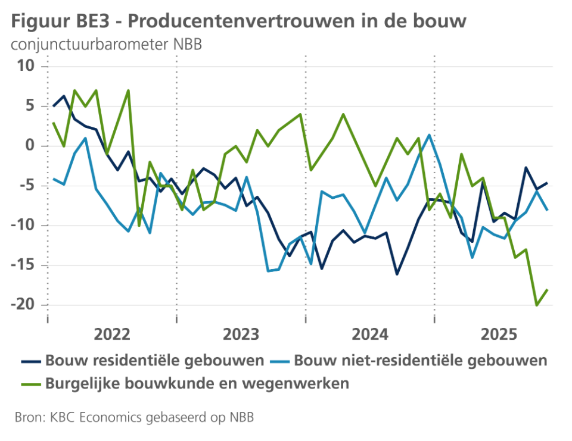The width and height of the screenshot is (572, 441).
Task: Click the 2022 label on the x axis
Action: coord(112,334)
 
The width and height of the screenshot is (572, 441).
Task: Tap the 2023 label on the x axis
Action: coord(241,334)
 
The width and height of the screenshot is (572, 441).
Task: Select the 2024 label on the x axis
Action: coord(369,334)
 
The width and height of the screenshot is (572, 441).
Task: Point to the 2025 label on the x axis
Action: coord(498,334)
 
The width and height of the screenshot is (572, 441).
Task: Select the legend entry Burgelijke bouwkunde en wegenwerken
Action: coord(197,383)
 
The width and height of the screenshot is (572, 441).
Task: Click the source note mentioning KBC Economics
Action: coord(133,417)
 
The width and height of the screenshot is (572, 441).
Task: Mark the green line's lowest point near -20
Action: coord(537,305)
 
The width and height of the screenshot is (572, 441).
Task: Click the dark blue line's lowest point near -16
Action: coord(397,274)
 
